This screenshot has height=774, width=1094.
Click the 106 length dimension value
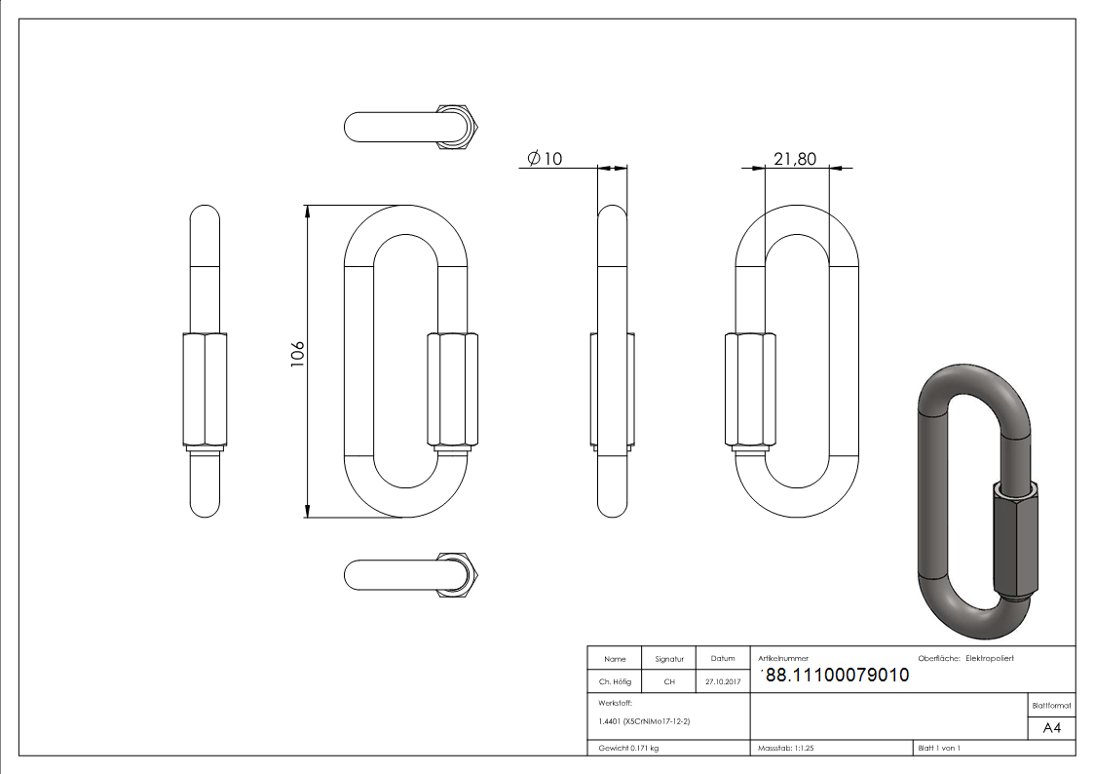click(x=298, y=355)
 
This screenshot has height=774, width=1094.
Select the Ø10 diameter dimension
click(x=545, y=159)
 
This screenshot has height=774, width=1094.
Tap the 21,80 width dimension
click(x=795, y=159)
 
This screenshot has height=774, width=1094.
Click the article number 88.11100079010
click(x=838, y=676)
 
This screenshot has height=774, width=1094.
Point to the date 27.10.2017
click(x=722, y=682)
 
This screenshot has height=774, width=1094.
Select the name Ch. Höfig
click(x=615, y=682)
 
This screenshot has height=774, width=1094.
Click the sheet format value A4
click(x=1052, y=728)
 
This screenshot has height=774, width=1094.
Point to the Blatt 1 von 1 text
click(x=939, y=749)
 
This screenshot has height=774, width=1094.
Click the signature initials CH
click(x=669, y=682)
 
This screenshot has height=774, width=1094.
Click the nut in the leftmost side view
click(x=205, y=390)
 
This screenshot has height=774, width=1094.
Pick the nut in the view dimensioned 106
click(x=452, y=390)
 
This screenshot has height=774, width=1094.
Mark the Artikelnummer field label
click(x=782, y=659)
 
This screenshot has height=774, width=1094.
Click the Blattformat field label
click(x=1051, y=705)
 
